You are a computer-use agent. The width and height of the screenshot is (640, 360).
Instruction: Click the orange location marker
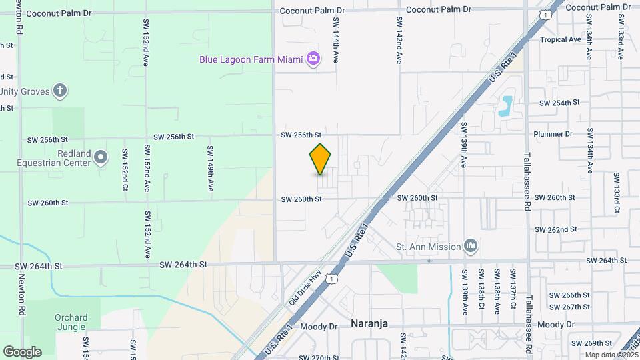pyautogui.click(x=321, y=159)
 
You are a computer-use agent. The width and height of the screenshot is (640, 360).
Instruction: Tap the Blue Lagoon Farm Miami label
pyautogui.click(x=251, y=59)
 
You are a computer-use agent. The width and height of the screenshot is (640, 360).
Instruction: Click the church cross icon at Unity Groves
pyautogui.click(x=60, y=91)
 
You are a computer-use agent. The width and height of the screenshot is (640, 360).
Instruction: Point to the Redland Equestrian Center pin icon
pyautogui.click(x=101, y=158)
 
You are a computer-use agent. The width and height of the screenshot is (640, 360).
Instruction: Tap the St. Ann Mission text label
pyautogui.click(x=428, y=247)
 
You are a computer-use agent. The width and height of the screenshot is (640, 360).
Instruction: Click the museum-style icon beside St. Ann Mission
pyautogui.click(x=471, y=247)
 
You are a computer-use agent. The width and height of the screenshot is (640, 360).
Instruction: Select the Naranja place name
pyautogui.click(x=369, y=323)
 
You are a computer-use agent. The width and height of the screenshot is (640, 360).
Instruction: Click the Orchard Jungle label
pyautogui.click(x=70, y=322)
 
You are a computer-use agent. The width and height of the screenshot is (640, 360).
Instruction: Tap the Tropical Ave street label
pyautogui.click(x=561, y=39)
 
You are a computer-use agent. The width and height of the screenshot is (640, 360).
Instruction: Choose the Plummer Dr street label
pyautogui.click(x=553, y=134)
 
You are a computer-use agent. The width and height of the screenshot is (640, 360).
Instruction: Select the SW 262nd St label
pyautogui.click(x=555, y=229)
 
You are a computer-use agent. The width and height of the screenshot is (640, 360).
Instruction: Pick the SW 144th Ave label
pyautogui.click(x=337, y=41)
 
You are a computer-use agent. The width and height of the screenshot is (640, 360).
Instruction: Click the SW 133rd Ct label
pyautogui.click(x=617, y=193)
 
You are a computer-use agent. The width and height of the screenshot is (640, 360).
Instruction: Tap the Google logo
pyautogui.click(x=22, y=352)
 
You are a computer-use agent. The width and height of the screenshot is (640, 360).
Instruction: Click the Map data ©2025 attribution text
pyautogui.click(x=611, y=355)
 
